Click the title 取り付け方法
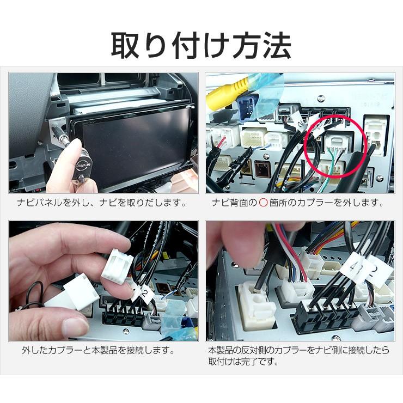201,46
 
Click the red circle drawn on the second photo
336,146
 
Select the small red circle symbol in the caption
263,203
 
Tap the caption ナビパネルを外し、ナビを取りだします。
101,203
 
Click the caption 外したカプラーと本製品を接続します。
98,350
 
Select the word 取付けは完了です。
243,362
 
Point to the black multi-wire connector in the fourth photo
326,317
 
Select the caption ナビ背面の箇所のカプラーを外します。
298,203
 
